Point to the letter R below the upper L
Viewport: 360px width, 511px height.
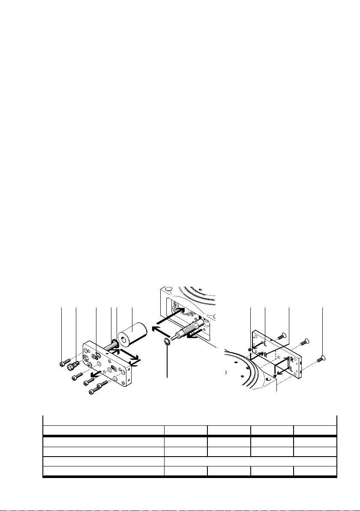(266, 355)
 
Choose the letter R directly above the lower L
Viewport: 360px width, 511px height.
(291, 359)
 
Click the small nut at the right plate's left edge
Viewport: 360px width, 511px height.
(249, 350)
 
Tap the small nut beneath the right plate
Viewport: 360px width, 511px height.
(274, 377)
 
